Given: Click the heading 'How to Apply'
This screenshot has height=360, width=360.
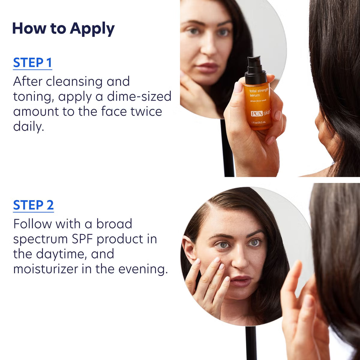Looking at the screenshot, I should (63, 29).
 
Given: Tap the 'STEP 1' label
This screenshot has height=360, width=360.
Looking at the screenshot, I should (32, 63).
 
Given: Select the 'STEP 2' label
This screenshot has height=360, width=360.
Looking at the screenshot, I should (33, 205).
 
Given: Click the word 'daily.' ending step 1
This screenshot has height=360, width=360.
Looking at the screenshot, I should (28, 127).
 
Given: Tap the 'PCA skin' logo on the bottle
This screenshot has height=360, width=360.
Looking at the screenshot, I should (260, 113).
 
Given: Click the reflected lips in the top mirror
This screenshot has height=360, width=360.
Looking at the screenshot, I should (207, 67).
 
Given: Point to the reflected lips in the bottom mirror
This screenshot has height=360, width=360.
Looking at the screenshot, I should (240, 281).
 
